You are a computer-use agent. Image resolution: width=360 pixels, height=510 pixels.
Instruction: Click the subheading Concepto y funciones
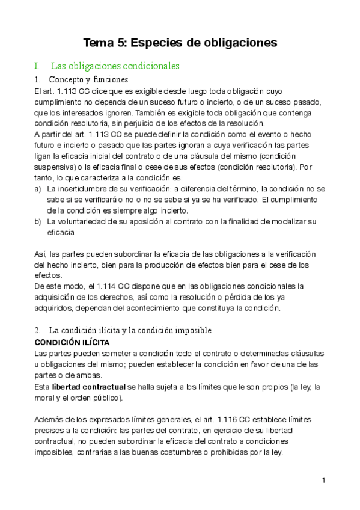point(88,79)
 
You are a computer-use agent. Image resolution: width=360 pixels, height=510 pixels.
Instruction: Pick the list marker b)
point(38,221)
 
